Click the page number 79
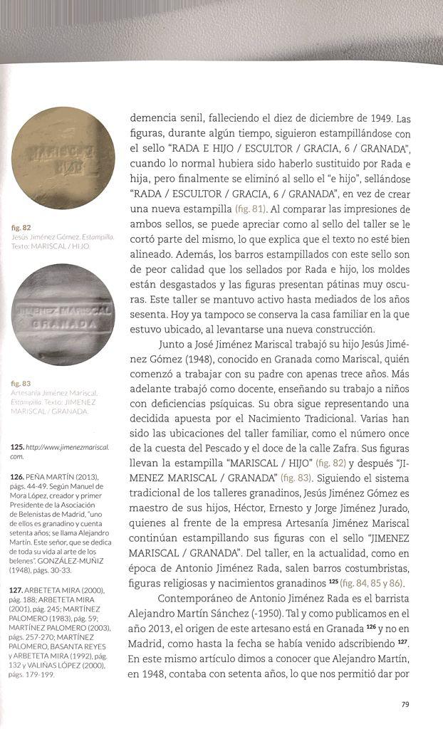(x=405, y=705)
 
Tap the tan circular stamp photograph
(x=64, y=158)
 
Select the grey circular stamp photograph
(x=64, y=314)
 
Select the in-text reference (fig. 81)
(x=252, y=209)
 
